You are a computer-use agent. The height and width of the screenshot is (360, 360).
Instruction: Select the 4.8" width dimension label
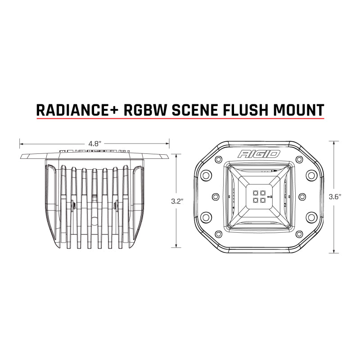[94, 144]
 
